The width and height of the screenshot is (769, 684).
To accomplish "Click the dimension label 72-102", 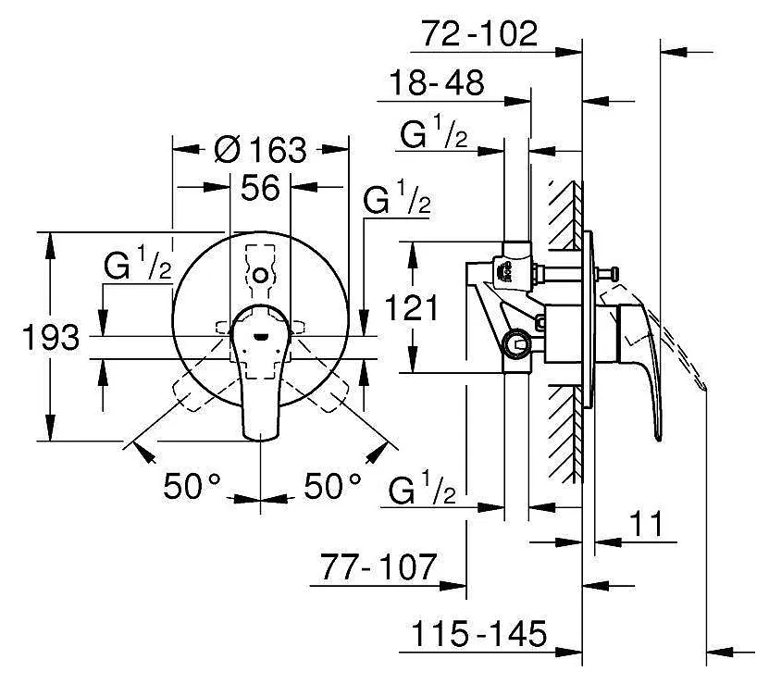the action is coord(479,34).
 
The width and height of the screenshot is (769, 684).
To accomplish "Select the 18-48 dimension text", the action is coord(437,82).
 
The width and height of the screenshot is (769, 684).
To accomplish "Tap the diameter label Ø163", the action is coord(260,149).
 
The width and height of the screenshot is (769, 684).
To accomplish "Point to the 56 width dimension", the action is coord(260,188).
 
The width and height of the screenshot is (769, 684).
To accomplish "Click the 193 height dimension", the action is coord(51,338).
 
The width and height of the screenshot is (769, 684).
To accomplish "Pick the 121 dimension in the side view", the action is coord(412,307).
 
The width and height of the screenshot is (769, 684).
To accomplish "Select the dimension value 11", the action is coord(646,524).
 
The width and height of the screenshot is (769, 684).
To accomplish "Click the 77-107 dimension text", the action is coord(378,566).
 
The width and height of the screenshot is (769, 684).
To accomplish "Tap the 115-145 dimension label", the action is coord(478,633).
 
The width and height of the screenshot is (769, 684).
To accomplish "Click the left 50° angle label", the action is coord(192,486).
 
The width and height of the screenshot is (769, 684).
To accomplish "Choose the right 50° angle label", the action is coord(332,486).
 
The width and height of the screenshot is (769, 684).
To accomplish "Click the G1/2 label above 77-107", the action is coord(422,487).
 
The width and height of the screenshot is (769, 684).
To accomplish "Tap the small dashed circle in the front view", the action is coord(259,275).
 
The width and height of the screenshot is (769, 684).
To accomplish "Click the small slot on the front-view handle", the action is coord(260,337).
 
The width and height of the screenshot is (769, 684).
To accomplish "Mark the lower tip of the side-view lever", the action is coord(658,439).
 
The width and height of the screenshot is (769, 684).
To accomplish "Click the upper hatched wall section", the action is coord(565,214).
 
